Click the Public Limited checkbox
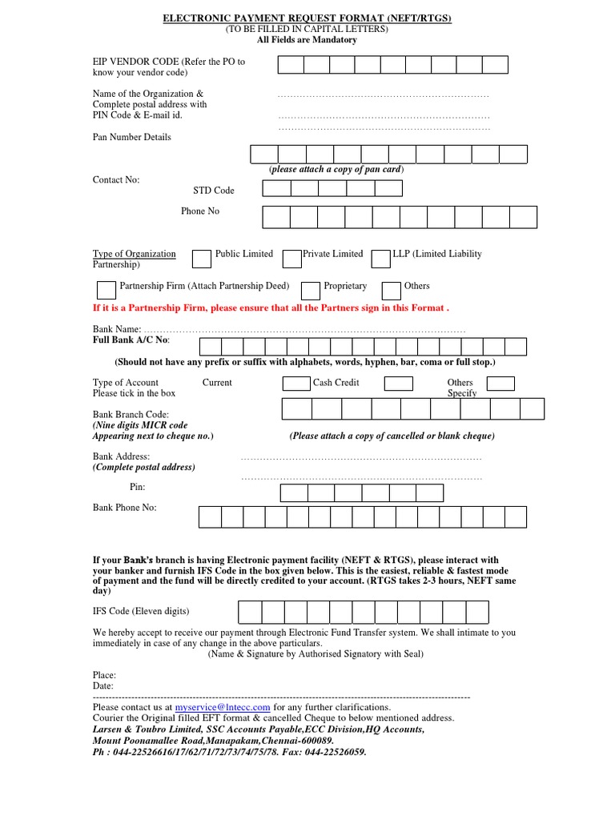click(201, 259)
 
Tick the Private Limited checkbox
click(292, 259)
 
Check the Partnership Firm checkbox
click(106, 290)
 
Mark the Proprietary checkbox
click(310, 290)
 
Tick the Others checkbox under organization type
click(391, 290)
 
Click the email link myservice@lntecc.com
click(223, 707)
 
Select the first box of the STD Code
click(276, 188)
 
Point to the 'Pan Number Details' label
click(131, 137)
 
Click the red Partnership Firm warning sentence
click(271, 307)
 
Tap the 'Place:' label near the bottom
click(104, 675)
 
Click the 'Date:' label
click(103, 685)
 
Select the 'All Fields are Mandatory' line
click(307, 39)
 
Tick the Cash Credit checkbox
click(295, 384)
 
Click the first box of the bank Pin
click(295, 492)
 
